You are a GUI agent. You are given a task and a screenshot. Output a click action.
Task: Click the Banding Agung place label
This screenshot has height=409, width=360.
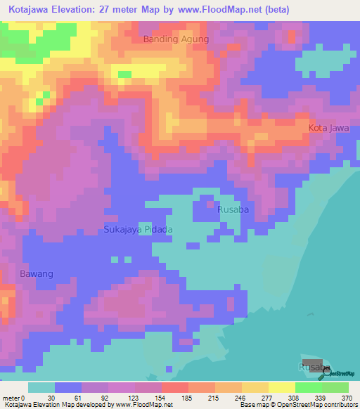pos(176,39)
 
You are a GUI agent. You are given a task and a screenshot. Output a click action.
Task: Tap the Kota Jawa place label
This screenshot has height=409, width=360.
pos(328,127)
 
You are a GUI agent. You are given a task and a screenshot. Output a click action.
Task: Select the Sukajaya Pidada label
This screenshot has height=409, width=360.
pos(138,229)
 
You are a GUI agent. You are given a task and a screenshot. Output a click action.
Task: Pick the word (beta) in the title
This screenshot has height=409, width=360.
pos(272,9)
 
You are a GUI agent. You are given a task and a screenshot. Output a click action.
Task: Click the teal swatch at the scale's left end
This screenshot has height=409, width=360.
pos(41,387)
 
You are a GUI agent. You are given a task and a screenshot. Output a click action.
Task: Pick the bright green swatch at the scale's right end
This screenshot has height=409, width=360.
pos(335,387)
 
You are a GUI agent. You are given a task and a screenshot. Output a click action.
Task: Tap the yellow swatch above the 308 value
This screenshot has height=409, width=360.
pos(281,387)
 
